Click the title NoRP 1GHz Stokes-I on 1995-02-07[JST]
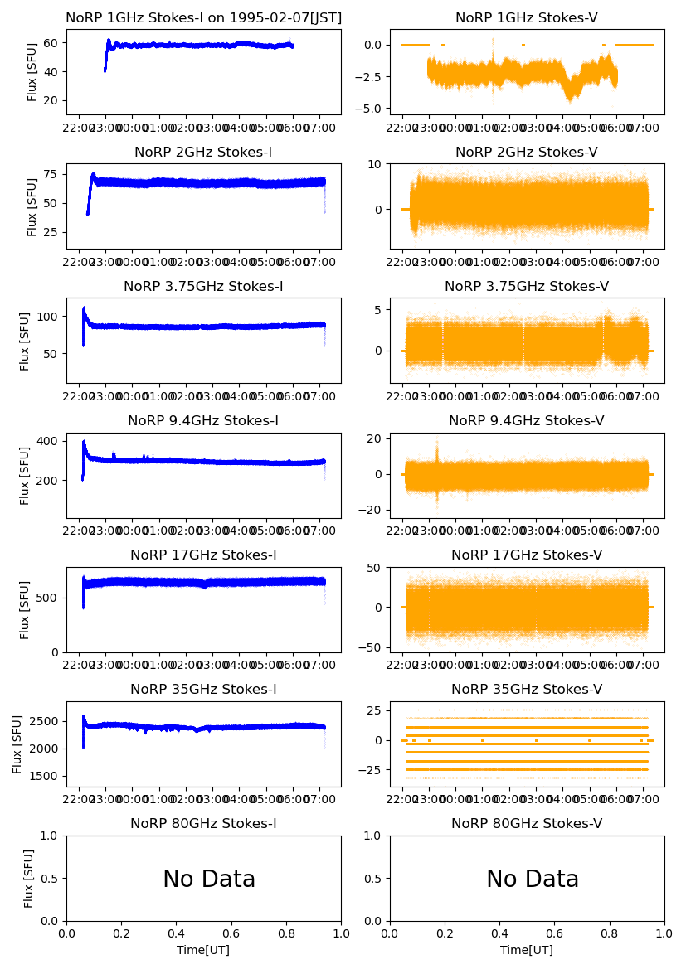[203, 18]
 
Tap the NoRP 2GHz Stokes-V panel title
[527, 153]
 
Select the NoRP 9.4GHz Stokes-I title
[203, 421]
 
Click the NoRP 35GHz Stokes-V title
[527, 690]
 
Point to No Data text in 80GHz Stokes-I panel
[209, 879]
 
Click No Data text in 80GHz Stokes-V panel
[533, 879]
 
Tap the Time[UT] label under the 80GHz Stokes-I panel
[203, 950]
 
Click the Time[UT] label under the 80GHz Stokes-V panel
[527, 950]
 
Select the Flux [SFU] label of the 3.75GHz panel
[24, 341]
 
